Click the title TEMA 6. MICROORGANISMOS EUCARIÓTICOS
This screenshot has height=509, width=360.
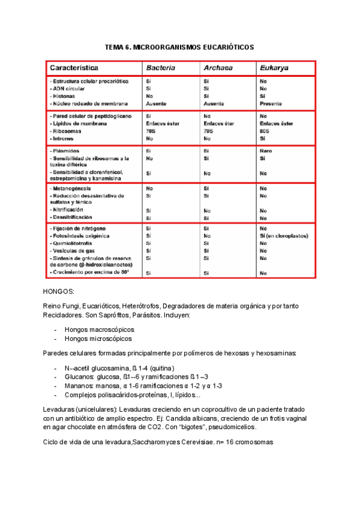179,47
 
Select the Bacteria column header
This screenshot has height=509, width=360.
160,68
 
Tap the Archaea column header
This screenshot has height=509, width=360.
218,68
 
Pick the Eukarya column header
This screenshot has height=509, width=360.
274,68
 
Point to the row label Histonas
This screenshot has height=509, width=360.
65,95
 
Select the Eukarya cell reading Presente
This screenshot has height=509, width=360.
271,103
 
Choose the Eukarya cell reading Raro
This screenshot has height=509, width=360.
266,151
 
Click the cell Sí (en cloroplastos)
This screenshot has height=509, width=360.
283,236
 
